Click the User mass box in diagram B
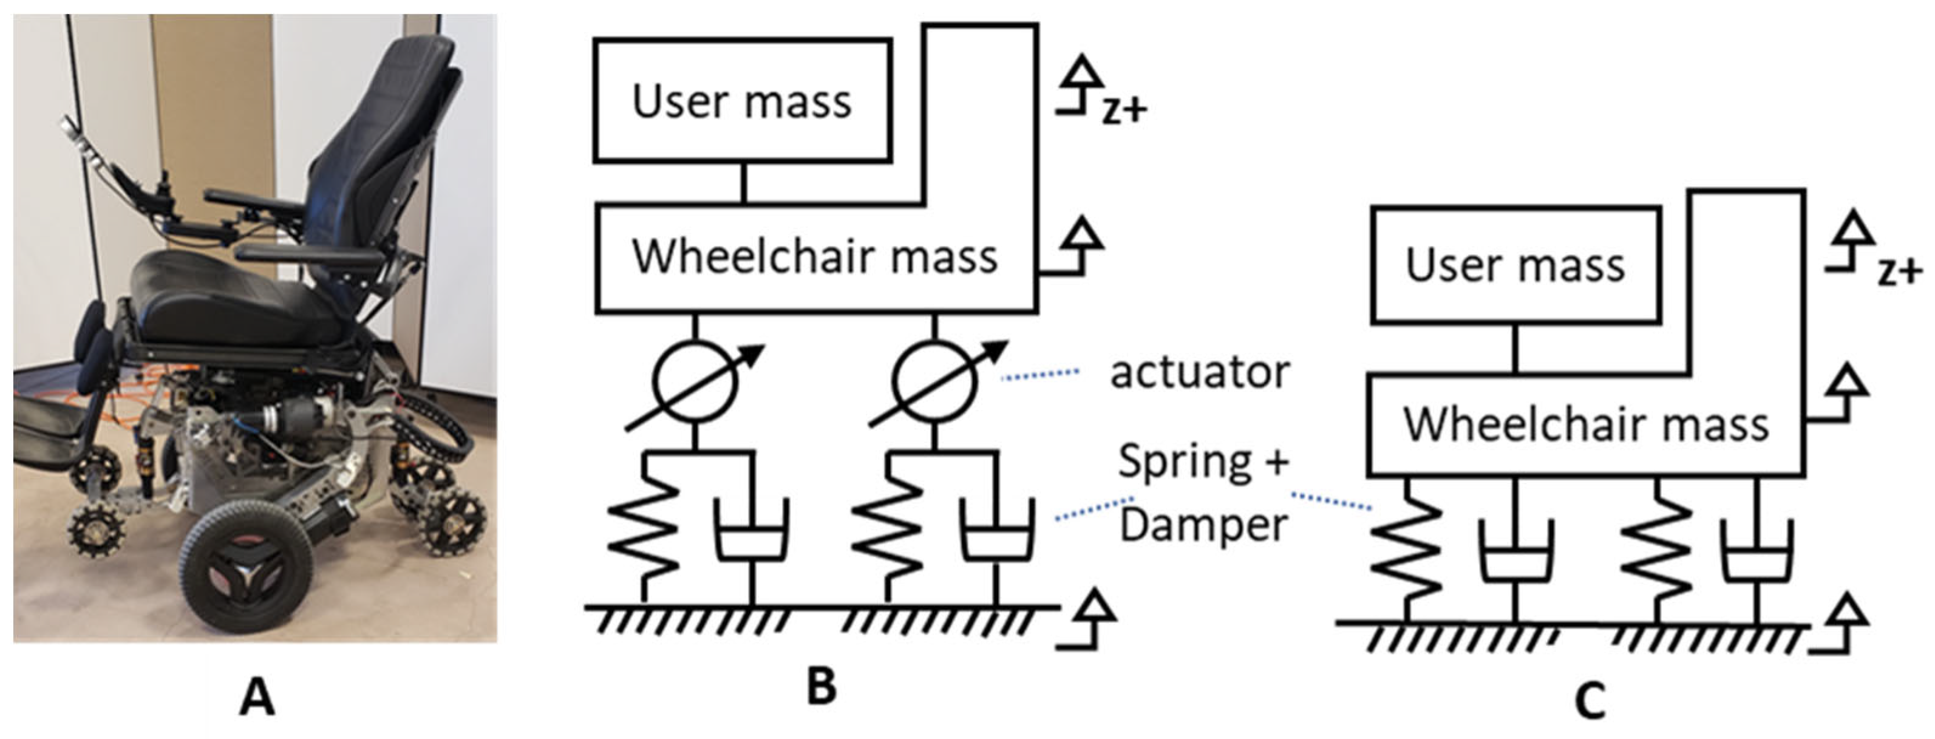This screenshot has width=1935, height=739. click(742, 101)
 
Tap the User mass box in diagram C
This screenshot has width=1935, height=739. click(1515, 266)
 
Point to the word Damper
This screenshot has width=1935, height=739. click(1204, 525)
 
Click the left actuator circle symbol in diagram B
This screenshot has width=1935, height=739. click(694, 383)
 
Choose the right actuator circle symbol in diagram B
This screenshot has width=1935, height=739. click(935, 383)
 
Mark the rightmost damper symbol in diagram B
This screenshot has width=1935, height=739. click(998, 537)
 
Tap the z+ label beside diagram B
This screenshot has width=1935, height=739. click(1124, 111)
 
